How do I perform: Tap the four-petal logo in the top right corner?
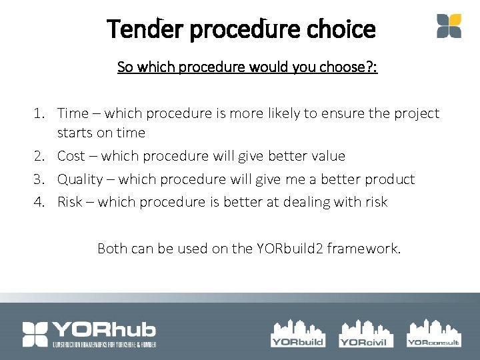click(449, 26)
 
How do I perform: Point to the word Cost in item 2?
click(71, 156)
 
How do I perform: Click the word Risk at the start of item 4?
click(70, 202)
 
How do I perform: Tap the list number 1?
click(38, 113)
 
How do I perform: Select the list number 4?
click(38, 202)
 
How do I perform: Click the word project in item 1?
click(418, 113)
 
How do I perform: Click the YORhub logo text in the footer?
click(105, 329)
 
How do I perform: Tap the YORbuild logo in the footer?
click(297, 333)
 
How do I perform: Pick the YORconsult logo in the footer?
click(433, 333)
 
